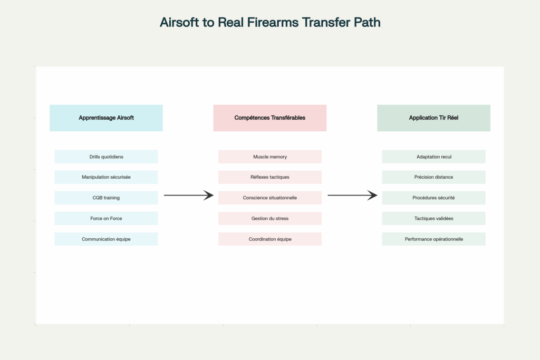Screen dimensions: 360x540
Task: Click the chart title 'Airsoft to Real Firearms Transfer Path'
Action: [270, 23]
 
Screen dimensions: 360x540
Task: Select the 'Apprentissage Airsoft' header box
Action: [106, 118]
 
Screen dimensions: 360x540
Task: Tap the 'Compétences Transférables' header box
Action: [270, 118]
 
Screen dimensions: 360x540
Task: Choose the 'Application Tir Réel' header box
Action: [433, 118]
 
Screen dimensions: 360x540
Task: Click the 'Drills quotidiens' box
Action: [106, 157]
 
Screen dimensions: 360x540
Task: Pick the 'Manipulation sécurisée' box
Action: [106, 177]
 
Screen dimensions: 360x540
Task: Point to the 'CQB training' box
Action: [106, 198]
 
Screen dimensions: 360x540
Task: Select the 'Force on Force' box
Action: [106, 218]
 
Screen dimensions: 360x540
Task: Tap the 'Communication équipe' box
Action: [106, 239]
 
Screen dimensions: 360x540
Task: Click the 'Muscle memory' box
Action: [270, 157]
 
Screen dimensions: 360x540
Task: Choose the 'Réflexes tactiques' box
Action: [270, 177]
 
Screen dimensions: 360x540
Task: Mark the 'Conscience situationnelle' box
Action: [270, 198]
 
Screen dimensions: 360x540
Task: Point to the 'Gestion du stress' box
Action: [270, 218]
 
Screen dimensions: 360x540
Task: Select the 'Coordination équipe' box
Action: [270, 239]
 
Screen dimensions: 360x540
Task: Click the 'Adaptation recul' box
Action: [433, 157]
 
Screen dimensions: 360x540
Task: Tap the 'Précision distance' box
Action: [433, 177]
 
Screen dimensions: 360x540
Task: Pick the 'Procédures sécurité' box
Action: [433, 198]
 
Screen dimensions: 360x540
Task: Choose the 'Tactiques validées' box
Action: [433, 218]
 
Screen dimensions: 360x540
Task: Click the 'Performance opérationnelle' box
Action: [433, 239]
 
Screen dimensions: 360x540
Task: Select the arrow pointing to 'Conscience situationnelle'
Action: [188, 196]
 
